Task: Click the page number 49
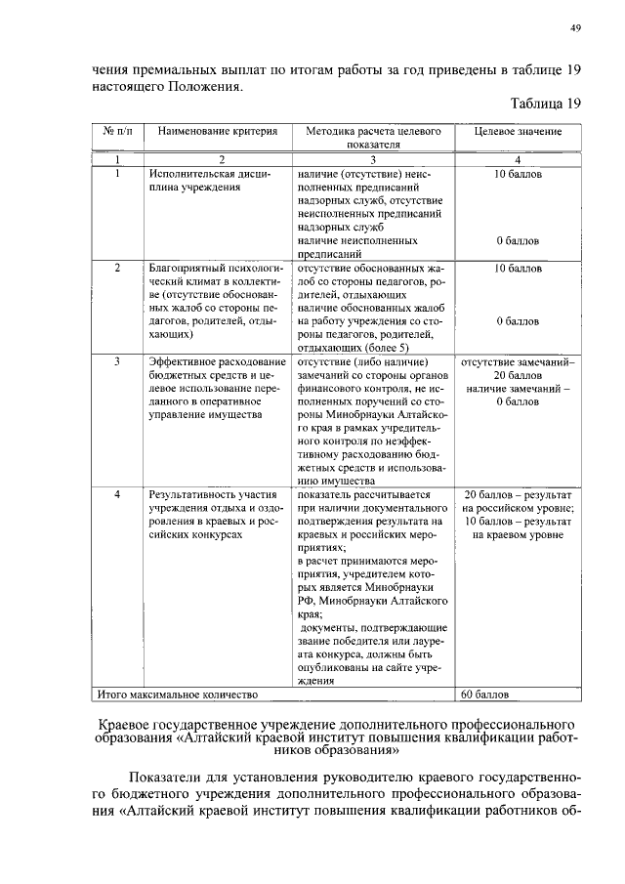tap(576, 29)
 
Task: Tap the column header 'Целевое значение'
tap(518, 131)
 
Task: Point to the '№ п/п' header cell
tap(117, 131)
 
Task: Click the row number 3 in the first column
tap(117, 361)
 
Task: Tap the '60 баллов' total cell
tap(485, 695)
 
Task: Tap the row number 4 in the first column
tap(117, 495)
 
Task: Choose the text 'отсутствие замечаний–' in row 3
tap(518, 361)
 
